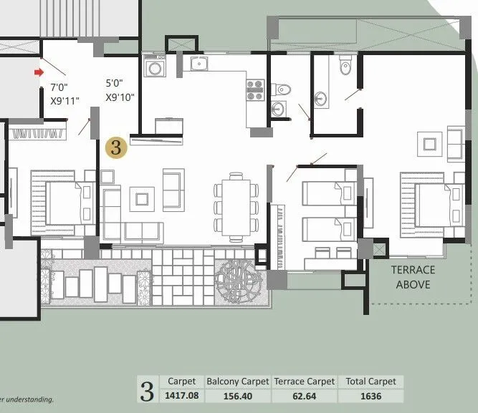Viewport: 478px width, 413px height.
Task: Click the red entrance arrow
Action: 40,72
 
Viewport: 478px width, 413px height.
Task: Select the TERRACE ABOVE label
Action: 413,276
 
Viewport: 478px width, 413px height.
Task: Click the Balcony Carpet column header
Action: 237,382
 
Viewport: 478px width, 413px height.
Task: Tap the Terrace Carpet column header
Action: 304,382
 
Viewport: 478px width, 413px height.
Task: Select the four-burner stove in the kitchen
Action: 255,89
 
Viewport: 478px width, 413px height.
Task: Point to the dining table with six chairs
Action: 236,206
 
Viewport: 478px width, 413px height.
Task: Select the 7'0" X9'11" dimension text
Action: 65,93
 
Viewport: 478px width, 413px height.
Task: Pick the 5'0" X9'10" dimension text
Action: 120,90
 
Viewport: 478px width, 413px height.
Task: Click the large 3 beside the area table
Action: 147,391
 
